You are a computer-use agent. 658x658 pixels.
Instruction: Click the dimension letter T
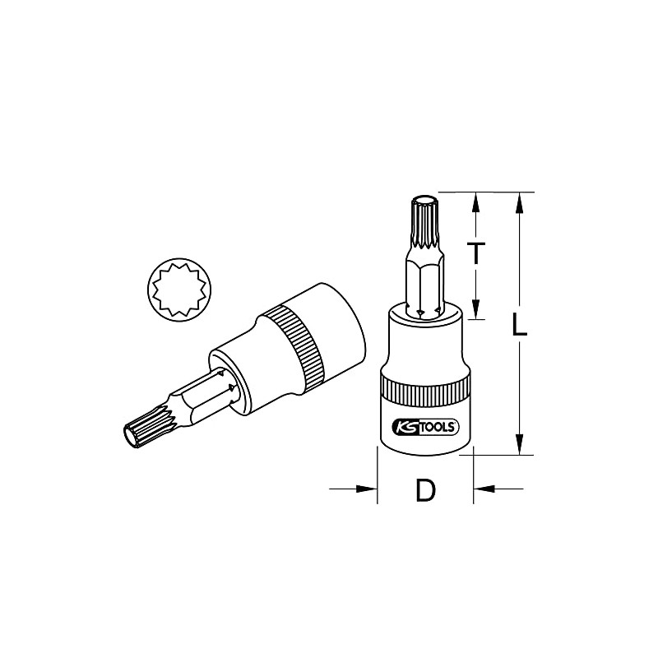tap(475, 254)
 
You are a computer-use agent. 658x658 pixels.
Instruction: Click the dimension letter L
tap(518, 326)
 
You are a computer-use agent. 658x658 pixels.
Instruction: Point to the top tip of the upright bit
tap(425, 199)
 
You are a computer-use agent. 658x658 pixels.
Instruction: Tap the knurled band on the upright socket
tap(424, 392)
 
